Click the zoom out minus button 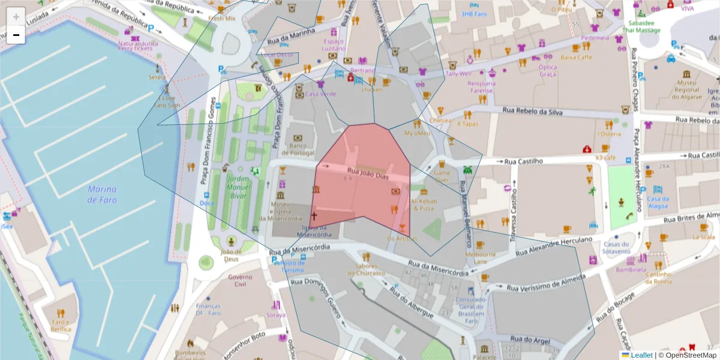pyautogui.click(x=16, y=35)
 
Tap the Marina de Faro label pyautogui.click(x=102, y=194)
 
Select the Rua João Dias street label pyautogui.click(x=368, y=175)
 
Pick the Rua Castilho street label pyautogui.click(x=523, y=161)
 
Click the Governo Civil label pyautogui.click(x=240, y=280)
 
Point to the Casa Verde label pyautogui.click(x=320, y=94)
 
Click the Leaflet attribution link pyautogui.click(x=641, y=355)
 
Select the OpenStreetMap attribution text pyautogui.click(x=689, y=355)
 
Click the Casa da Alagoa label pyautogui.click(x=658, y=202)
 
